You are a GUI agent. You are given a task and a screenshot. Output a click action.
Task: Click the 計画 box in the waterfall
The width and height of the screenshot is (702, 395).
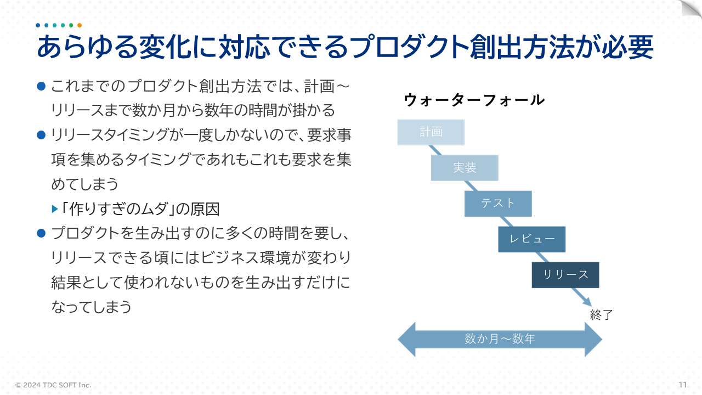pos(431,132)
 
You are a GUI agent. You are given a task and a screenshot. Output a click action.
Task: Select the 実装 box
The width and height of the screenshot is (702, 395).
pos(465,168)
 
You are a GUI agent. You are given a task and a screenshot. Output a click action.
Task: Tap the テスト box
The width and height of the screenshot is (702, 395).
pos(498,204)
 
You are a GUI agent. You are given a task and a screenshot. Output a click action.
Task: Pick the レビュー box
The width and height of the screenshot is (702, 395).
pos(531,239)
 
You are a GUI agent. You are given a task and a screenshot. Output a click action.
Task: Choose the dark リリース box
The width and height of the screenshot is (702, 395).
pos(565,275)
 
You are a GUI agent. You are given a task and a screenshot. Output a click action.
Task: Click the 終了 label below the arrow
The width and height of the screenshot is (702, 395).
pos(601,315)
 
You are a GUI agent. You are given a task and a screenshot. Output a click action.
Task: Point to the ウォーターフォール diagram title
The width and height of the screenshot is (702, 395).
pos(474,100)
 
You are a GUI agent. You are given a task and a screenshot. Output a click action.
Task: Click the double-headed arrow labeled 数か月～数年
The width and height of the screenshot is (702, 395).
pos(500,339)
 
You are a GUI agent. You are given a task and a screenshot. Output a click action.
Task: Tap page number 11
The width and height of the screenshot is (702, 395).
pos(683,384)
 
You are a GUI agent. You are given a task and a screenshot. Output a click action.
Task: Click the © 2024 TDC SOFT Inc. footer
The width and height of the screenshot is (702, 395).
pos(53,385)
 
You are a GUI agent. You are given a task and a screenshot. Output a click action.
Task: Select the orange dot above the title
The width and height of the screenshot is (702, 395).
pos(80,25)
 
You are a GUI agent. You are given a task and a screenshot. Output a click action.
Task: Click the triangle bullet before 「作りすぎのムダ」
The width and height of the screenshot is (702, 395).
pos(54,209)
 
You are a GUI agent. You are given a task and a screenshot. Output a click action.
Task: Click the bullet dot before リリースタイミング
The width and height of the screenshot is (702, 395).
pos(40,134)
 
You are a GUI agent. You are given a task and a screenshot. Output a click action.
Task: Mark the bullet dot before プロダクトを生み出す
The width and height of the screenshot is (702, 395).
pos(40,233)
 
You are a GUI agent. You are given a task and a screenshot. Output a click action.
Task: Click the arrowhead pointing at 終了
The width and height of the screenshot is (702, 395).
pos(587,302)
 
